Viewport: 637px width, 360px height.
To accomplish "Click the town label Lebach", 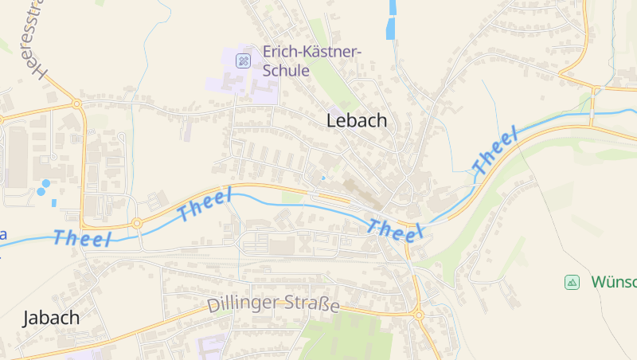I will click(x=357, y=121).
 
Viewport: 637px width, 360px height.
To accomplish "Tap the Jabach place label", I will click(x=52, y=317).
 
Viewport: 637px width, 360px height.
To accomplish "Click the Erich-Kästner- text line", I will click(x=312, y=53).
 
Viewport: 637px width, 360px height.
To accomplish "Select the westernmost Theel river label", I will click(x=82, y=238).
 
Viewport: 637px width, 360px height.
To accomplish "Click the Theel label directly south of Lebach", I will click(x=395, y=229).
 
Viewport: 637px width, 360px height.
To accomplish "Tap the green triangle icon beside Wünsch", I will click(x=572, y=282).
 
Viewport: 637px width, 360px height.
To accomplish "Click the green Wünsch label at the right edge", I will click(x=613, y=282).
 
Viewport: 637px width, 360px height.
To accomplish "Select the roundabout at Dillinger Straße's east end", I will click(x=418, y=315).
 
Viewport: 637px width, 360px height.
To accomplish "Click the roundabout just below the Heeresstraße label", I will click(x=77, y=104).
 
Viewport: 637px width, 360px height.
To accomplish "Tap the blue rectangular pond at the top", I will click(x=390, y=19).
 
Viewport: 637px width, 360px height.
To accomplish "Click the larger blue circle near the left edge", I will click(x=46, y=183).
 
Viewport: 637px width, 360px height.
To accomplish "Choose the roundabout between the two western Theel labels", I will click(x=137, y=223).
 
